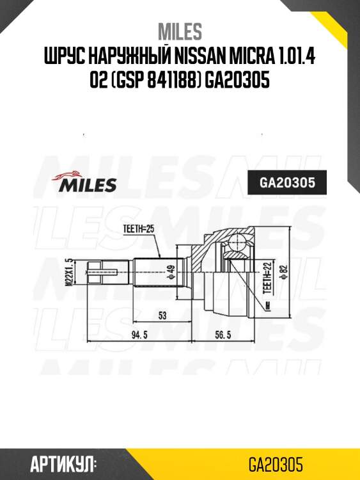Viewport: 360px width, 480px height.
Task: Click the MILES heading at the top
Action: click(180, 31)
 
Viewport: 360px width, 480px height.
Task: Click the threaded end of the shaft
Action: click(96, 275)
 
